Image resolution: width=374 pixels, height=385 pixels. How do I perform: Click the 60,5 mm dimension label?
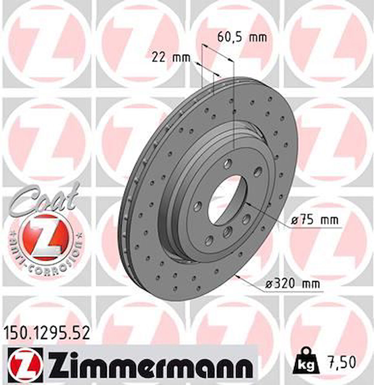tap(242, 37)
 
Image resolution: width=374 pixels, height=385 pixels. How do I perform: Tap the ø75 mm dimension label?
tap(315, 219)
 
